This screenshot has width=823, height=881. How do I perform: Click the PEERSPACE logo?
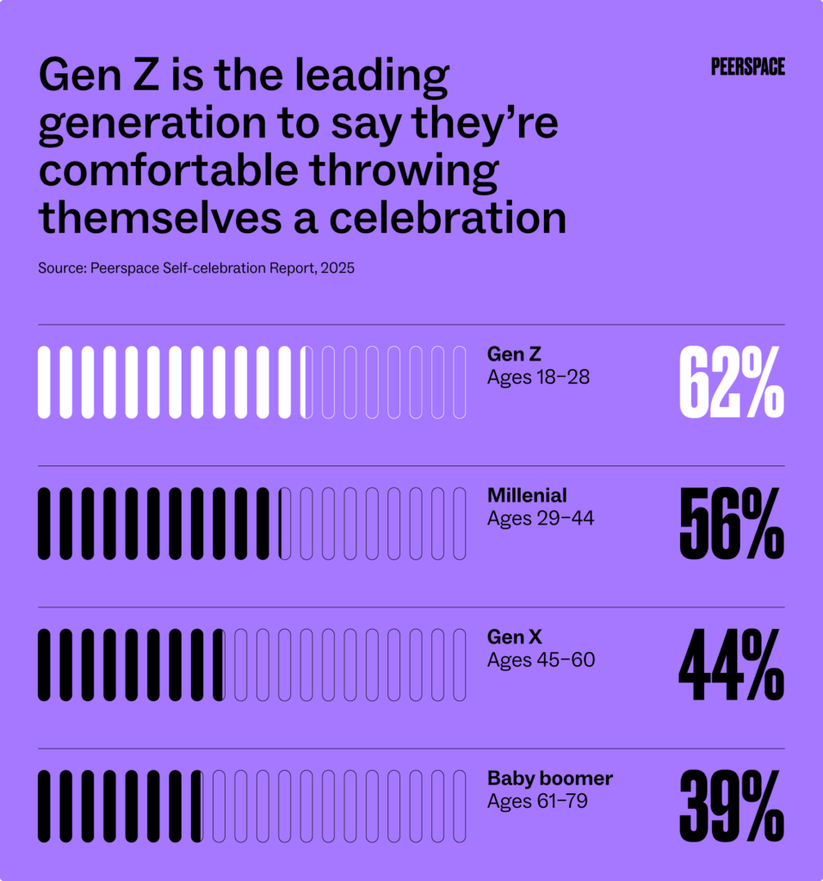(747, 67)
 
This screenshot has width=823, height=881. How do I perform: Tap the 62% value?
(731, 383)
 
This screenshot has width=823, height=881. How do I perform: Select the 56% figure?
(731, 524)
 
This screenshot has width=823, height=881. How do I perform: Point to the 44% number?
(731, 665)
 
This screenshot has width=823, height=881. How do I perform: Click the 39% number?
(731, 806)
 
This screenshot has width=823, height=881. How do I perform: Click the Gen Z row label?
(514, 354)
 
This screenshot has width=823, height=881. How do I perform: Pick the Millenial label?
(527, 496)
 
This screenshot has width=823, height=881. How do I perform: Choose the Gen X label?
(514, 638)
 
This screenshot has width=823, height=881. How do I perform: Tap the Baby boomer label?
(549, 779)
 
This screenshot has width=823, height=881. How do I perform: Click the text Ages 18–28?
(538, 377)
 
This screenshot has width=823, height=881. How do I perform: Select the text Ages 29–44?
(540, 519)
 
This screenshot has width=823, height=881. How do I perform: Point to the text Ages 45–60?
(541, 660)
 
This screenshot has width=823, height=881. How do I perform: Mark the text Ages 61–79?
(538, 801)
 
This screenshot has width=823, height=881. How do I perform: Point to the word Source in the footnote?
(59, 268)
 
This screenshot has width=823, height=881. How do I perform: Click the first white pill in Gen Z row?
(44, 383)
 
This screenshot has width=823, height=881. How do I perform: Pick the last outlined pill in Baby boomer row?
(460, 806)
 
